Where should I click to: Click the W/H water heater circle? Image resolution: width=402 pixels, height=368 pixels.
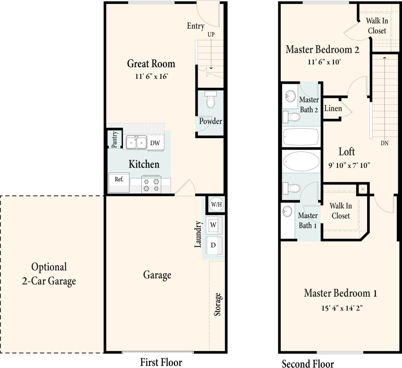tap(216, 204)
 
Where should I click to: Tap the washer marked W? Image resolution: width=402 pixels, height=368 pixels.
tap(213, 225)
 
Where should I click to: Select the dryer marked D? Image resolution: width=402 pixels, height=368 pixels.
tap(213, 245)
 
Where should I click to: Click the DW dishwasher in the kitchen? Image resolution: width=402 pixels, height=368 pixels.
tap(155, 143)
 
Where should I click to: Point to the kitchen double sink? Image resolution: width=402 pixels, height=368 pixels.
tap(136, 142)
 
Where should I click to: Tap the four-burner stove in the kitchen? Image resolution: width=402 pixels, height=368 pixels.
tap(151, 185)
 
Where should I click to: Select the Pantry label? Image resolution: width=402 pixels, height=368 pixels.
tap(114, 139)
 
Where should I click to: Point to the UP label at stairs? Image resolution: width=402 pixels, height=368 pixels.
tap(211, 34)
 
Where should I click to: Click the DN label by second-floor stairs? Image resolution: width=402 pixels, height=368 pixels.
tap(384, 143)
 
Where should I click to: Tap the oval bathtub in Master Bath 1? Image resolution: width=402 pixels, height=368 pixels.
tap(301, 161)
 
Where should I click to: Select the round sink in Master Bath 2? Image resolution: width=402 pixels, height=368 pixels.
tap(291, 95)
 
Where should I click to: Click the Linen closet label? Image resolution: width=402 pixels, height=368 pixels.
tap(333, 109)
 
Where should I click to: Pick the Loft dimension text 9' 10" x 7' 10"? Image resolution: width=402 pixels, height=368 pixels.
tap(349, 165)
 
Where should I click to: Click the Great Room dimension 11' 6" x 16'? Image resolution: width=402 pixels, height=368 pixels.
tap(151, 76)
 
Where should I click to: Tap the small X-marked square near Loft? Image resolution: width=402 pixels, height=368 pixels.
tap(363, 189)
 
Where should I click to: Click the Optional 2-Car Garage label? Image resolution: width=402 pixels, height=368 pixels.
tap(49, 274)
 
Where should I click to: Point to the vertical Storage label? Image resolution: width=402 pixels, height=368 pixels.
tap(218, 304)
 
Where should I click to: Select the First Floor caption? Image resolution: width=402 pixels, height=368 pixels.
tap(161, 362)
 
